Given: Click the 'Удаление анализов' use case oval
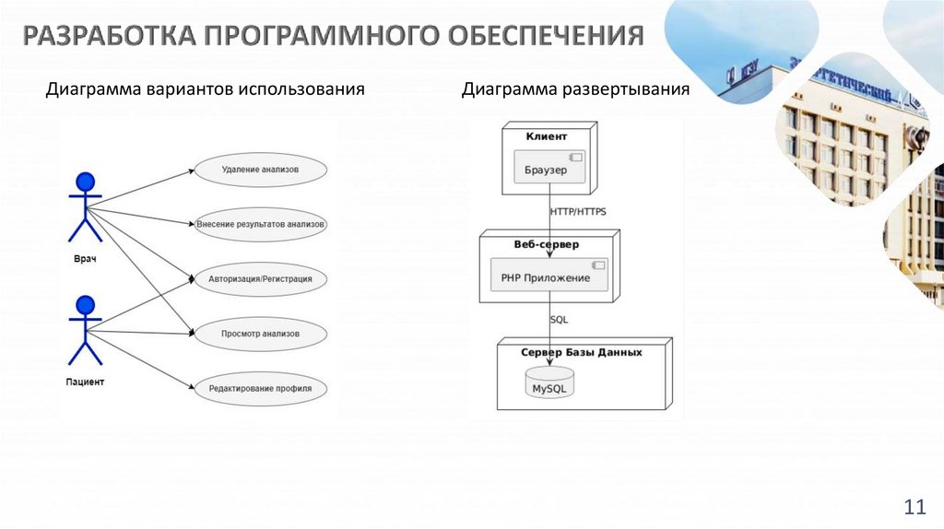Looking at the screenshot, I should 260,170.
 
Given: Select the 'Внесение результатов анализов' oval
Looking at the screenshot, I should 261,224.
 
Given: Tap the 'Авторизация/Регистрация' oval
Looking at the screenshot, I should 260,278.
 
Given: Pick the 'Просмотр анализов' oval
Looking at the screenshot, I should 260,333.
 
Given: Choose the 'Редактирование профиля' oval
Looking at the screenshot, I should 260,388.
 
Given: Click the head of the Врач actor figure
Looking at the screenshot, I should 86,181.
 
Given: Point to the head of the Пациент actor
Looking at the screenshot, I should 86,304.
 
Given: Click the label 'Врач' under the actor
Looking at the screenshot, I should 85,259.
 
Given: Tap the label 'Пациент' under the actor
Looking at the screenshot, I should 85,381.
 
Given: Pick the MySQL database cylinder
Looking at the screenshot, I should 549,382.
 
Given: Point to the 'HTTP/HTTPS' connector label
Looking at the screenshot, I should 578,212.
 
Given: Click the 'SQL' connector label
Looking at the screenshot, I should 559,320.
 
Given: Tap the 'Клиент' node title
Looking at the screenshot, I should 547,136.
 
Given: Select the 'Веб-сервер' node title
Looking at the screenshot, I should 547,244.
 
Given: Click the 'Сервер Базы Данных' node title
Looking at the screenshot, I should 581,352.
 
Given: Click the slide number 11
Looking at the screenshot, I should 914,507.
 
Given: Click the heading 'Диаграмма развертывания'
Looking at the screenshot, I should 576,90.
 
